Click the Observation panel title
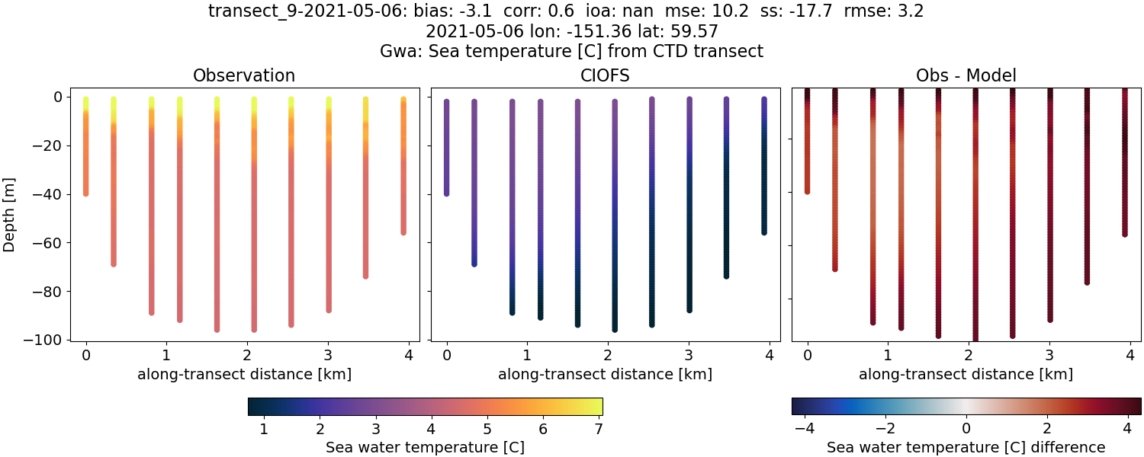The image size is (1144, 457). coord(244,75)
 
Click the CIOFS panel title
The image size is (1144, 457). coord(605,75)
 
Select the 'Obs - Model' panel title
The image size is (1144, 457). coord(966,75)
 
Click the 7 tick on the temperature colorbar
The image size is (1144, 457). coord(598,430)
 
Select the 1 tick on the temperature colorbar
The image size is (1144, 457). coord(264,430)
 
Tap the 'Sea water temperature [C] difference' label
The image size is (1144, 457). coord(966,447)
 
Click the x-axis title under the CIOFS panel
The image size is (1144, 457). coord(605,375)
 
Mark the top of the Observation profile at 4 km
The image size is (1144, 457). coord(403,100)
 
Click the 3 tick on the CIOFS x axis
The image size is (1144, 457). coord(689,355)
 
